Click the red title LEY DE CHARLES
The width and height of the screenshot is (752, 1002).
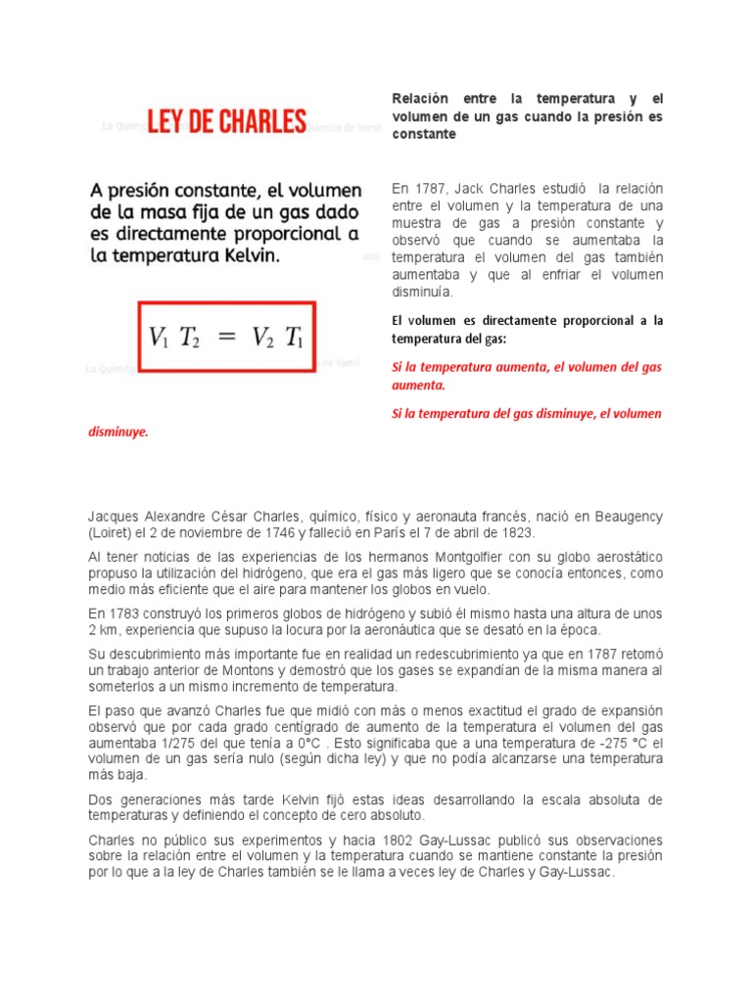tap(227, 122)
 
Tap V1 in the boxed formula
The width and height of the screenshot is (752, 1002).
tap(160, 337)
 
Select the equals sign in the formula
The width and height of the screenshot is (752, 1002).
tap(225, 337)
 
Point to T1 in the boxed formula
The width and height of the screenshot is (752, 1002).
tap(295, 337)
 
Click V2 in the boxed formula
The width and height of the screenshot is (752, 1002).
tap(262, 337)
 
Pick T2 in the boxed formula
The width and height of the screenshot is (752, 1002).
tap(189, 337)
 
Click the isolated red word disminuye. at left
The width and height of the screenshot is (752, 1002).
tap(118, 431)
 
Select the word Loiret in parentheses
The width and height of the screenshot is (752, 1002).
tap(110, 532)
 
